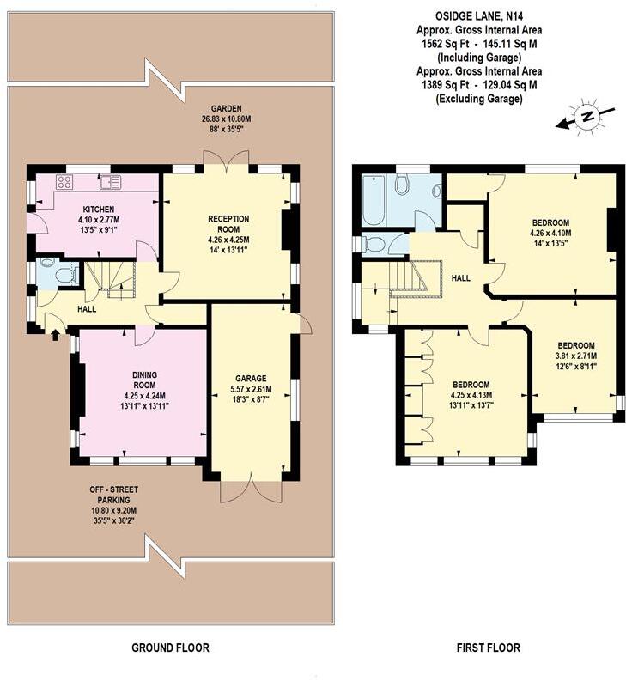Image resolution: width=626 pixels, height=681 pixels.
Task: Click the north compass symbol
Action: pyautogui.click(x=586, y=116)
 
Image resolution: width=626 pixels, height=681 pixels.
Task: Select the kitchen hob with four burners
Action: pyautogui.click(x=64, y=181)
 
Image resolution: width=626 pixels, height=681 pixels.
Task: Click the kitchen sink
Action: pyautogui.click(x=109, y=181)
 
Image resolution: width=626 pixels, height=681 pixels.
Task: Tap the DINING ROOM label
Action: pyautogui.click(x=143, y=380)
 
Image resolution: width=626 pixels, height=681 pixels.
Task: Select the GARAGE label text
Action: pyautogui.click(x=252, y=378)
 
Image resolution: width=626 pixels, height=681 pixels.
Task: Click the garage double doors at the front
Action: pyautogui.click(x=252, y=490)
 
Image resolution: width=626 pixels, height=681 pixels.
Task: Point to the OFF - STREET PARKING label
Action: pyautogui.click(x=113, y=496)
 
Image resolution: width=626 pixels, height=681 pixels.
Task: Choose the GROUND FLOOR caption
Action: pyautogui.click(x=170, y=648)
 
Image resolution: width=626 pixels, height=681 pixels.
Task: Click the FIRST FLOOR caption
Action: pyautogui.click(x=488, y=648)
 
